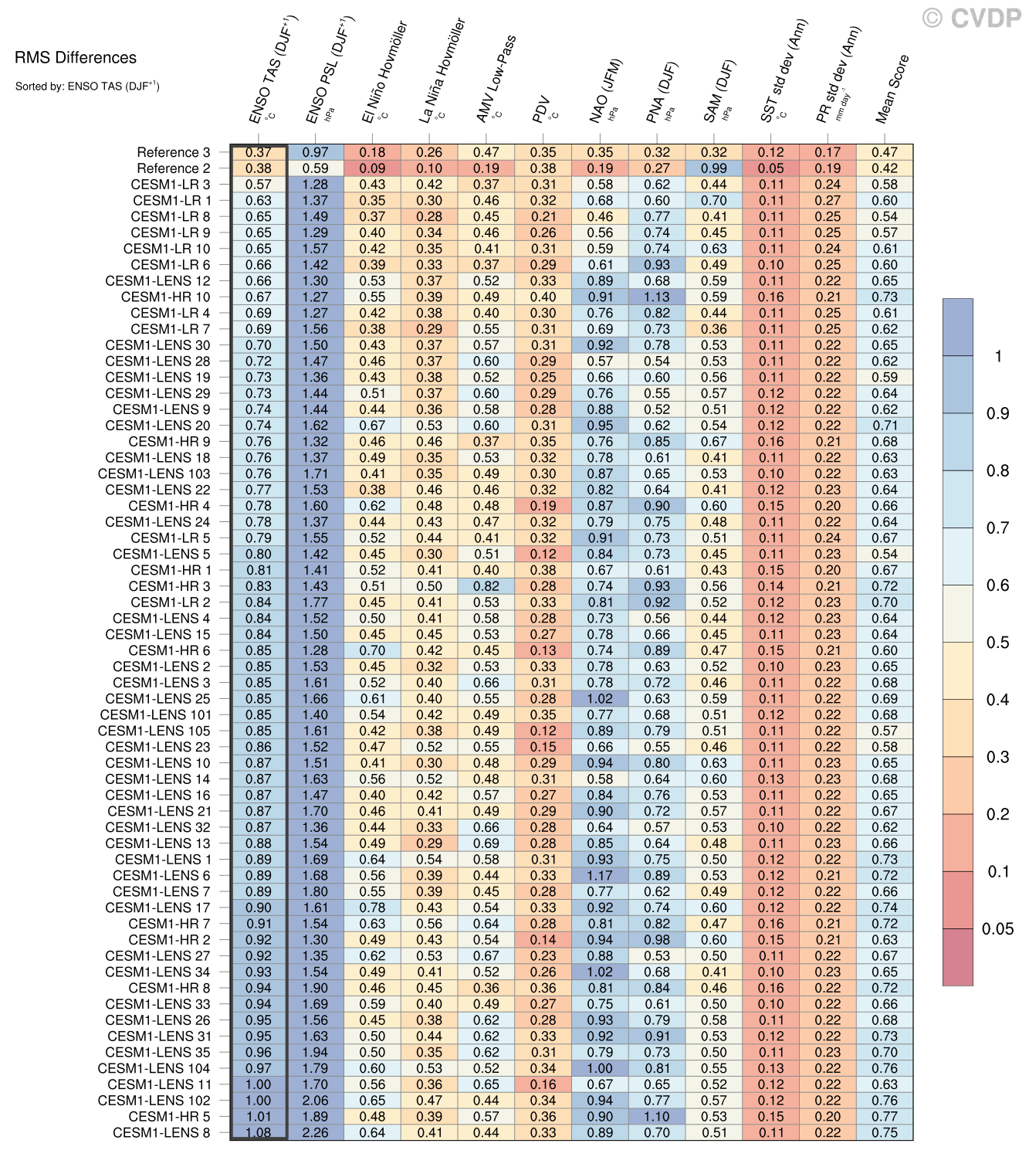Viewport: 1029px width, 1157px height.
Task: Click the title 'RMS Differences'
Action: pyautogui.click(x=76, y=58)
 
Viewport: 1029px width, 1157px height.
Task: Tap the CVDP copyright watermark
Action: pyautogui.click(x=972, y=18)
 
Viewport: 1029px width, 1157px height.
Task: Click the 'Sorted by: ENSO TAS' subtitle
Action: pyautogui.click(x=87, y=87)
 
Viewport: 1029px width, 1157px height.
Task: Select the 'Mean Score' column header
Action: pyautogui.click(x=892, y=89)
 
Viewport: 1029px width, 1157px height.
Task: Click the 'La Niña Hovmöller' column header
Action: pyautogui.click(x=442, y=71)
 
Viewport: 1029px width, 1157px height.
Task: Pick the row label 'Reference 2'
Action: pyautogui.click(x=173, y=168)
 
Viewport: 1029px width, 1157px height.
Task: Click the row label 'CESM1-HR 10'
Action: pyautogui.click(x=165, y=297)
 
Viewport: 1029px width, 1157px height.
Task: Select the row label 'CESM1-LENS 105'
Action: pyautogui.click(x=154, y=731)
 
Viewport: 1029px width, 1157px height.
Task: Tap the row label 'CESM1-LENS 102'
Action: pyautogui.click(x=154, y=1101)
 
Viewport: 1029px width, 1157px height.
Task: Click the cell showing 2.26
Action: pyautogui.click(x=315, y=1133)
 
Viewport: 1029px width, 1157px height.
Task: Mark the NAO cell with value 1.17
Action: pyautogui.click(x=600, y=876)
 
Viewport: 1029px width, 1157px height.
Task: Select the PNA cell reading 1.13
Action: pyautogui.click(x=657, y=297)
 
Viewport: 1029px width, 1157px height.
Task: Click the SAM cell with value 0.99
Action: pyautogui.click(x=714, y=168)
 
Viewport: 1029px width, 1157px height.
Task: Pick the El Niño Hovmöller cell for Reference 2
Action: pyautogui.click(x=372, y=168)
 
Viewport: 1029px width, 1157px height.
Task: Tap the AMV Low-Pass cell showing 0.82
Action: pyautogui.click(x=486, y=586)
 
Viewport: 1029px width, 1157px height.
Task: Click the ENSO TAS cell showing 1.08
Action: pyautogui.click(x=259, y=1133)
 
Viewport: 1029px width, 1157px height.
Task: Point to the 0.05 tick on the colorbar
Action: pyautogui.click(x=997, y=929)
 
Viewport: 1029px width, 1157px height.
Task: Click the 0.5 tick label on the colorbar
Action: pyautogui.click(x=997, y=643)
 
